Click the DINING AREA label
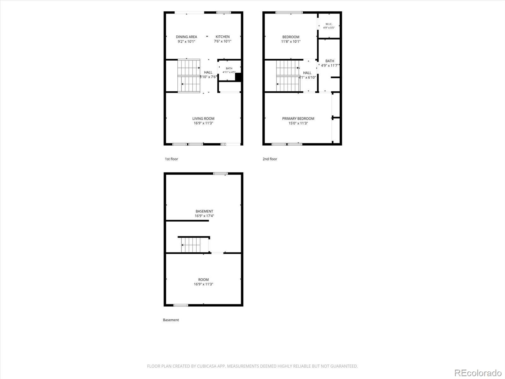pos(186,37)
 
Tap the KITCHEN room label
pos(223,37)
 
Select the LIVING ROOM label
pos(203,118)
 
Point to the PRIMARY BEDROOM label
pos(298,118)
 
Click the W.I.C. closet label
pos(329,24)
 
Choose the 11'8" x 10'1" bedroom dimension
pos(291,41)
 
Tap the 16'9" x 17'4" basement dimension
pos(204,216)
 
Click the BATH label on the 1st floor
pos(229,68)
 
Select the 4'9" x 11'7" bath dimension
pos(330,65)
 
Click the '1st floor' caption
pos(171,159)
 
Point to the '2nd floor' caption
pos(270,159)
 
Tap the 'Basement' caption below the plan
pos(171,320)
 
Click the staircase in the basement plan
pos(191,245)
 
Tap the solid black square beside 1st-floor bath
pos(238,77)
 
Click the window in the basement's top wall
pos(220,173)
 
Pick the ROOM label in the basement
pos(203,280)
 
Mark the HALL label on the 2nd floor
pos(307,73)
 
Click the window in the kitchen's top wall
pos(224,12)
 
